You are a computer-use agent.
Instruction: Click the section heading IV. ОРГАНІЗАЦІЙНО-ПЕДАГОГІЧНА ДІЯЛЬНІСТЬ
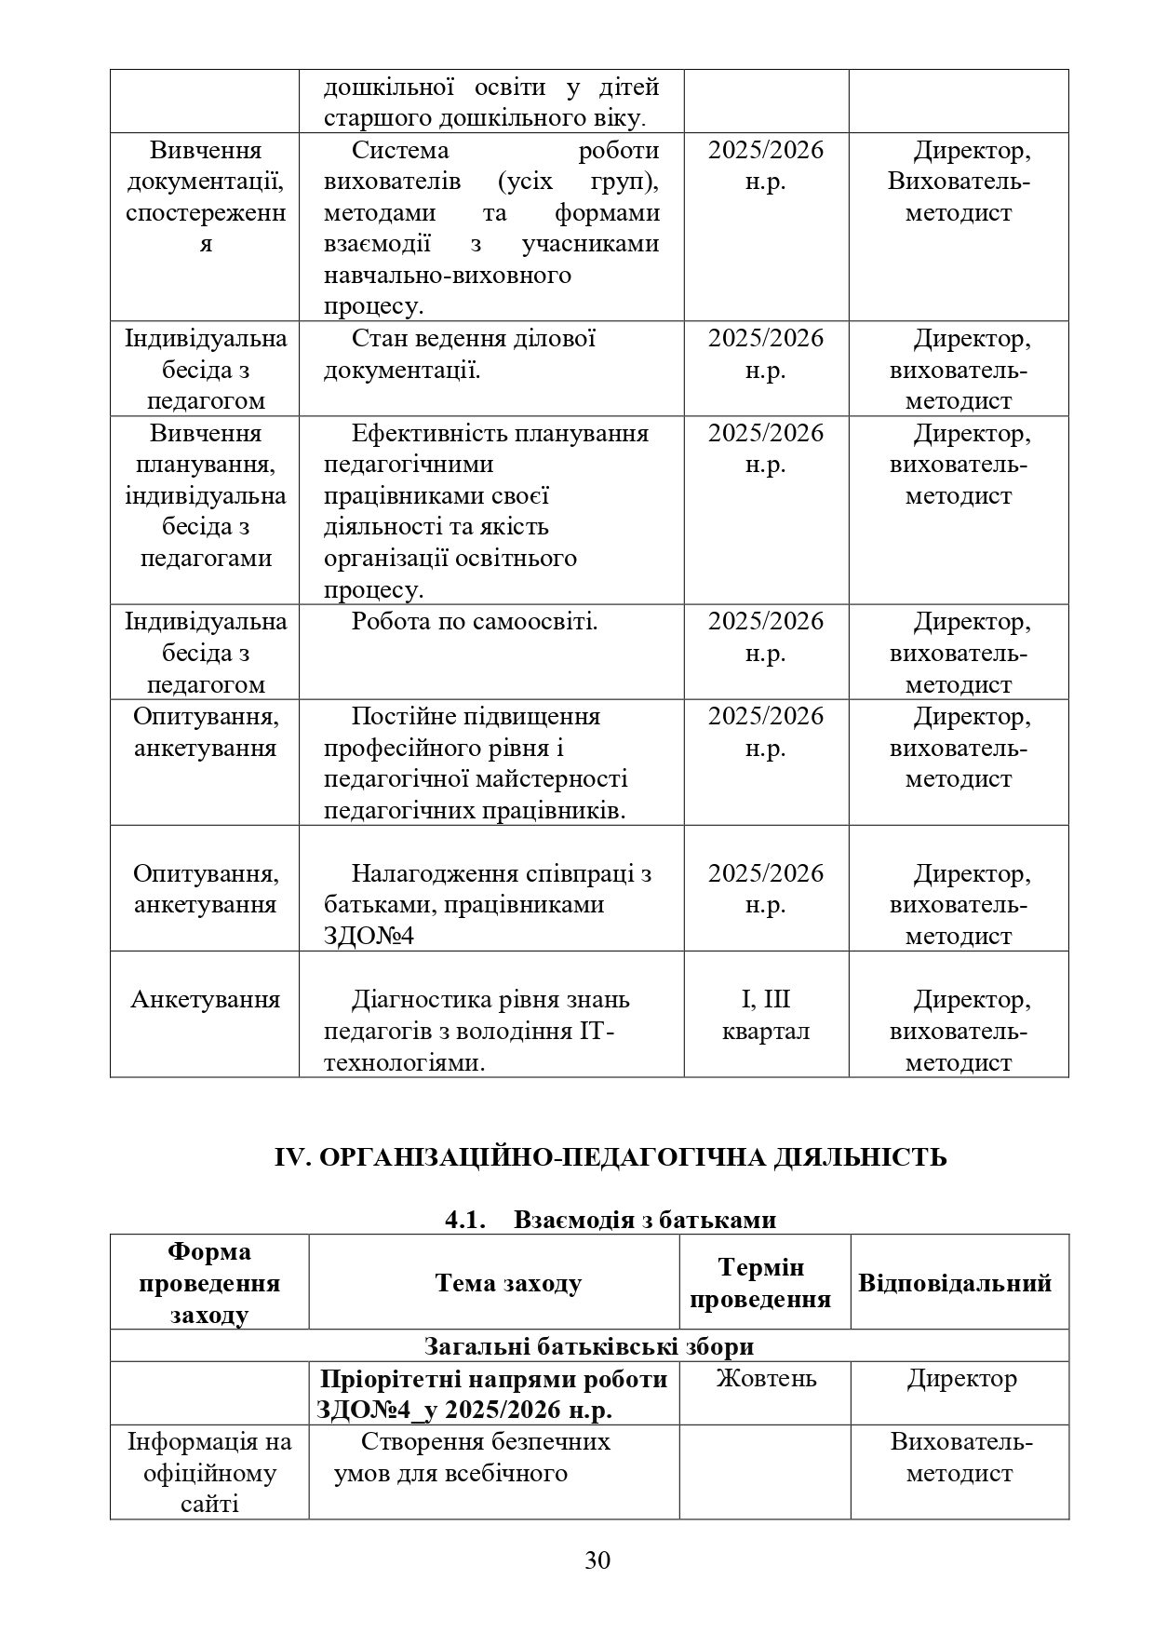click(x=611, y=1157)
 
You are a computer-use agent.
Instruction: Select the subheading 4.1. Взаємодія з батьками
click(x=611, y=1220)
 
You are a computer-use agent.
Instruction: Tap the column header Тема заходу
click(x=508, y=1283)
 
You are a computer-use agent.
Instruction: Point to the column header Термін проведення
click(x=760, y=1283)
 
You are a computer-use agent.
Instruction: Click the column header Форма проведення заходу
click(x=209, y=1283)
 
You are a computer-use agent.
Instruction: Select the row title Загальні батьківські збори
click(x=589, y=1346)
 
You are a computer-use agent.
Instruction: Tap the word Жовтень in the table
click(x=766, y=1378)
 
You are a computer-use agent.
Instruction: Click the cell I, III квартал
click(x=766, y=1015)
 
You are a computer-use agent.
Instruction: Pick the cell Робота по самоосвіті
click(x=475, y=622)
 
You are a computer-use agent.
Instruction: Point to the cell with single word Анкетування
click(x=205, y=1000)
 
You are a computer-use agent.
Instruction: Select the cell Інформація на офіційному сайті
click(x=209, y=1472)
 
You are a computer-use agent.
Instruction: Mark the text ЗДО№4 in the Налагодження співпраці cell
click(x=369, y=936)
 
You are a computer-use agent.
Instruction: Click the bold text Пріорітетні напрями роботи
click(x=493, y=1379)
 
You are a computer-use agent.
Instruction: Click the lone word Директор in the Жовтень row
click(x=962, y=1378)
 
